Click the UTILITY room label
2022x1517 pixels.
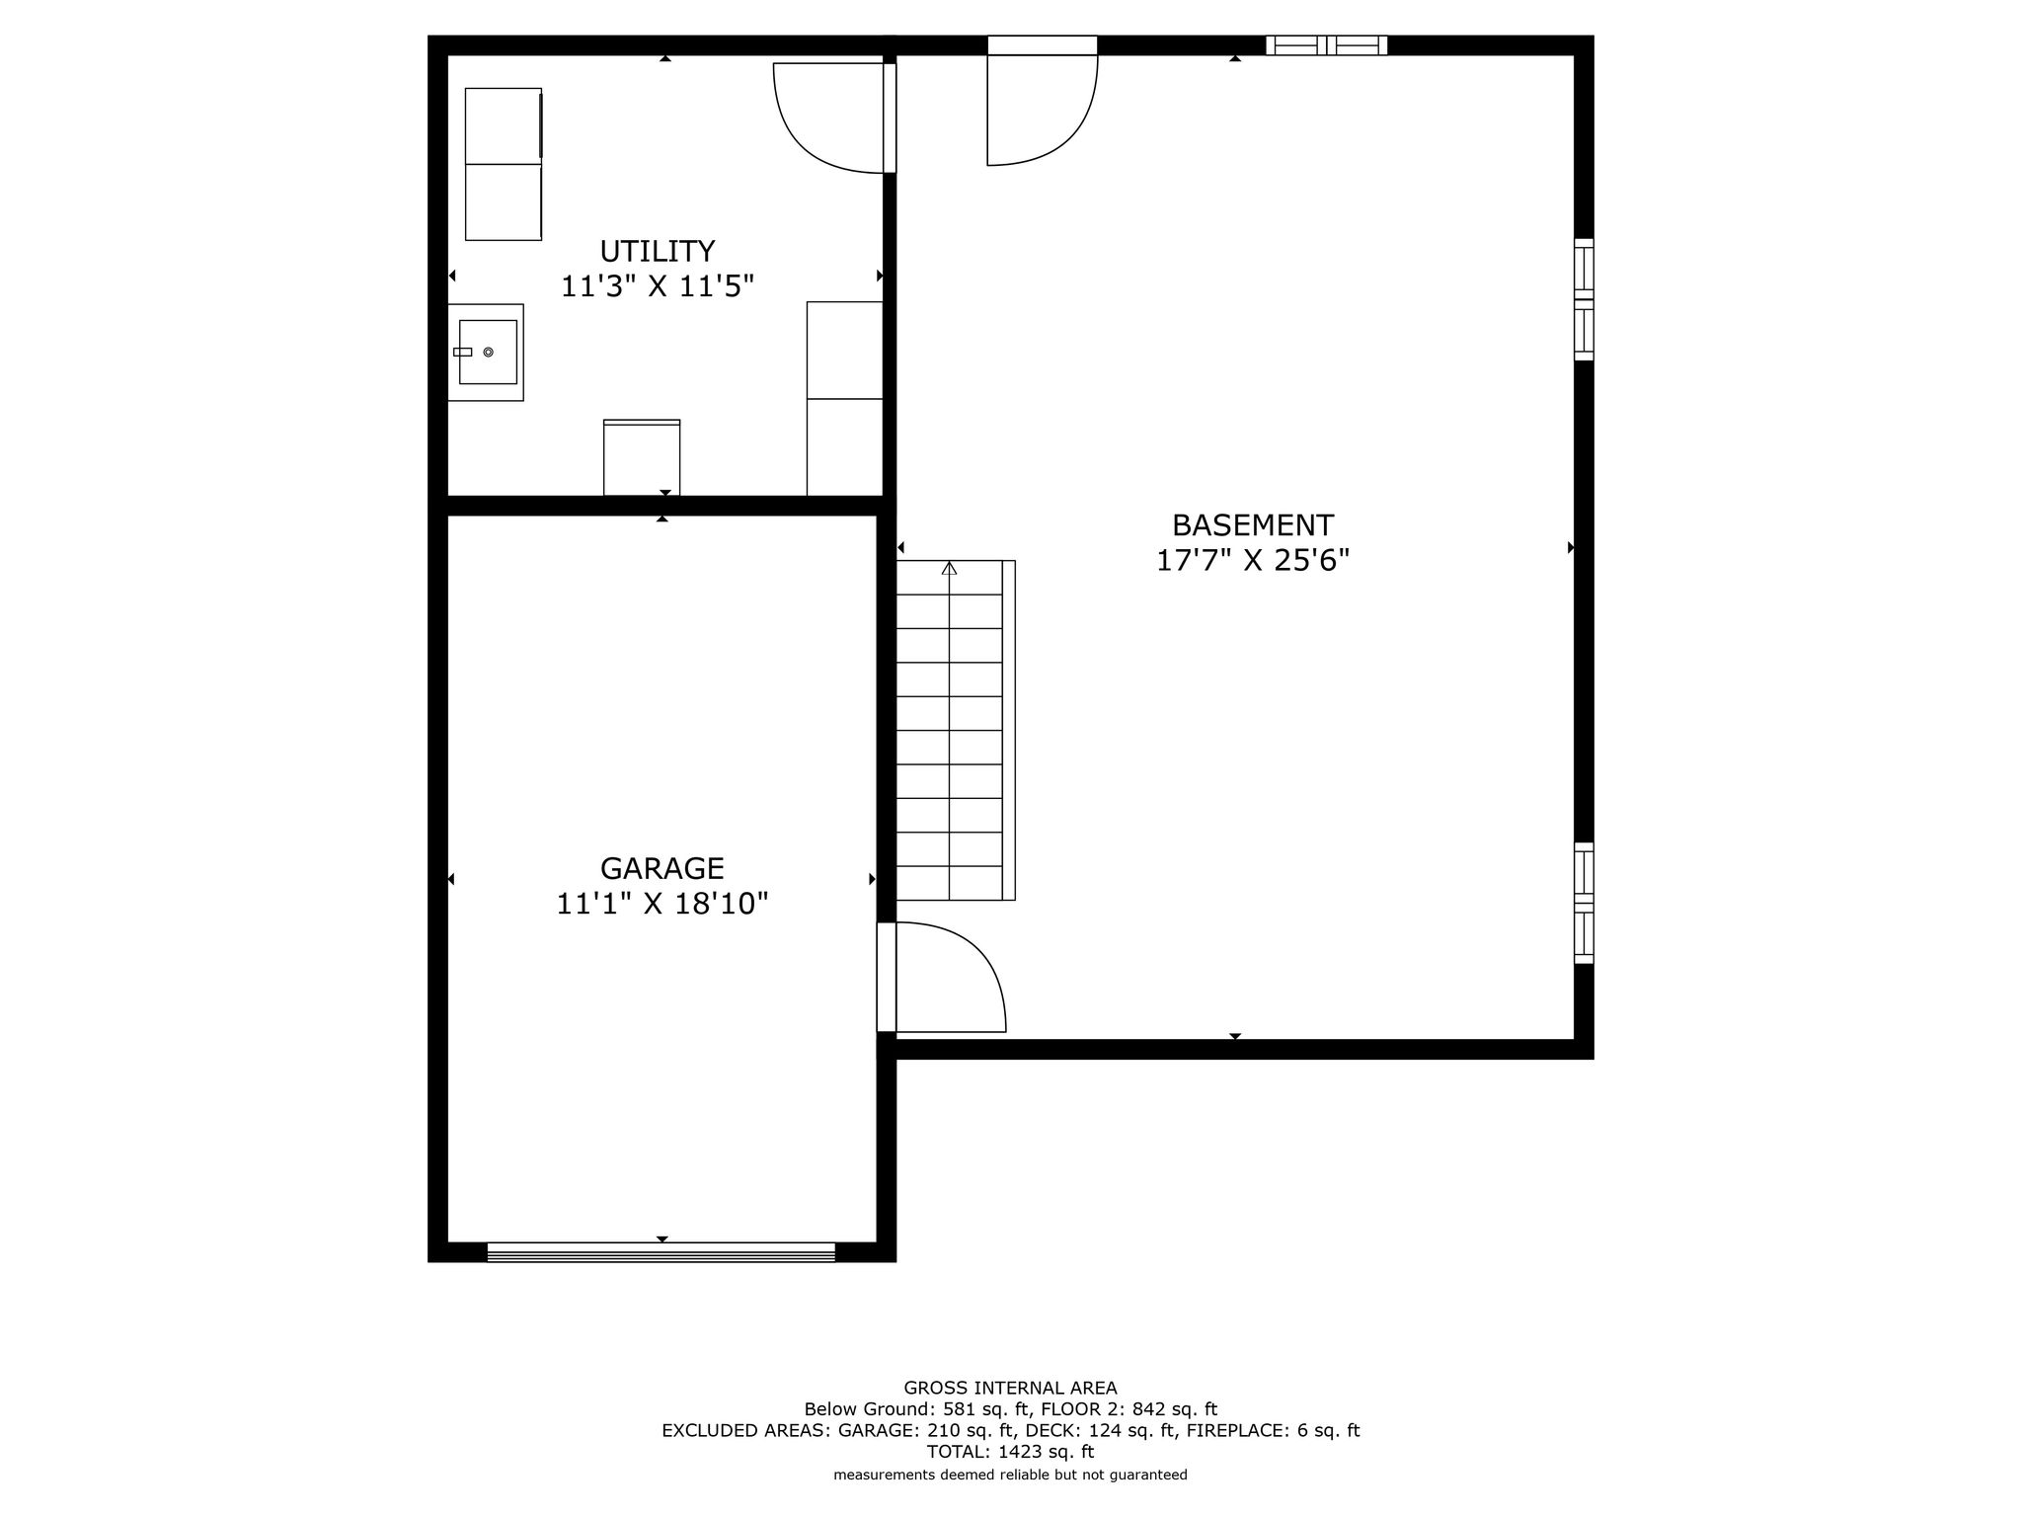point(658,251)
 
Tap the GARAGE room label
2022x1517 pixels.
point(662,868)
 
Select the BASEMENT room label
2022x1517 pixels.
point(1253,524)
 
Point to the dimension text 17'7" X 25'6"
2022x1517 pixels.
point(1253,561)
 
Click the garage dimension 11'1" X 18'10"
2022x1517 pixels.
point(662,904)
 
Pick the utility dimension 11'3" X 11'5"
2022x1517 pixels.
point(658,286)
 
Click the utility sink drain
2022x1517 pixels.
point(489,352)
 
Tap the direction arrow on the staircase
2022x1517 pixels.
point(950,568)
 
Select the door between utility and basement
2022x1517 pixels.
point(834,118)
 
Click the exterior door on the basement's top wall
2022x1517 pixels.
point(1043,100)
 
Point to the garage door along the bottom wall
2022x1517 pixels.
point(661,1251)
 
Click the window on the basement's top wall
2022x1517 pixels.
point(1327,45)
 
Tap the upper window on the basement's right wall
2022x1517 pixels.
point(1584,299)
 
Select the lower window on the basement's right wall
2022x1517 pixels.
point(1584,903)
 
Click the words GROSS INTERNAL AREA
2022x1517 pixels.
point(1010,1388)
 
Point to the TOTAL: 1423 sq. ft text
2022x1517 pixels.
point(1010,1452)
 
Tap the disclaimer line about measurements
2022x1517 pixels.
point(1010,1475)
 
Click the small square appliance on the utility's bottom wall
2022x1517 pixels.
point(642,457)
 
